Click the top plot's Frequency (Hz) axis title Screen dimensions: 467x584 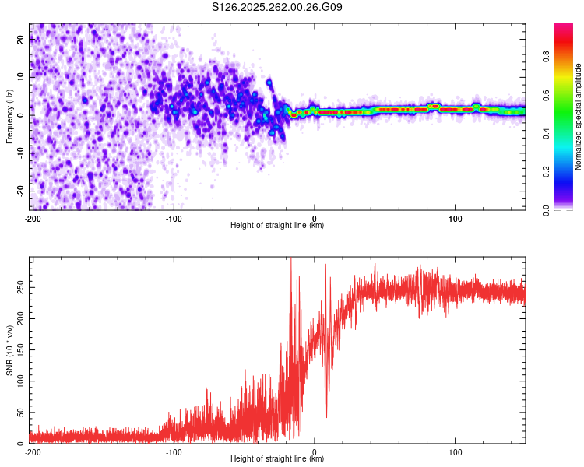click(9, 117)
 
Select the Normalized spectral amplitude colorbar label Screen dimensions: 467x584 click(579, 117)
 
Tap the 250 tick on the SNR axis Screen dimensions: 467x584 click(18, 287)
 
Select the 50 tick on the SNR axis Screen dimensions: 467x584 click(19, 413)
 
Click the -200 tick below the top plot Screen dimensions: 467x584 click(33, 218)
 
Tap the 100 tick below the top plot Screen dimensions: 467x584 click(456, 218)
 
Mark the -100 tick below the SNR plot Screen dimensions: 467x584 click(174, 451)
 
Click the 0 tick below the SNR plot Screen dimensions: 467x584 click(315, 451)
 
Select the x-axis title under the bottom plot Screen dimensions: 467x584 click(278, 459)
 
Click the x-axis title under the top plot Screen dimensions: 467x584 click(278, 226)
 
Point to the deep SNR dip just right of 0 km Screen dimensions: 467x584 click(327, 416)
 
